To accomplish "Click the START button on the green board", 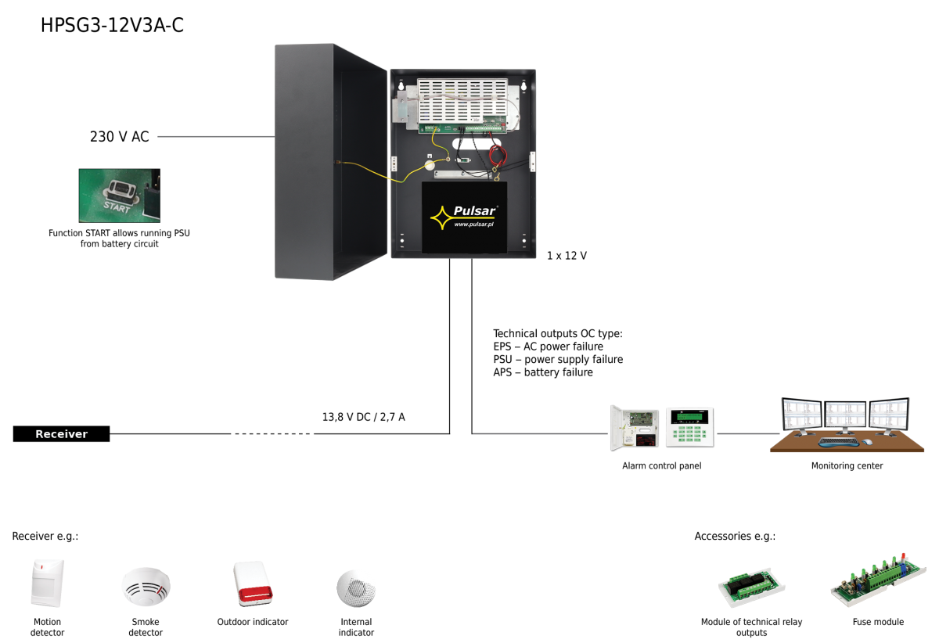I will point(121,190).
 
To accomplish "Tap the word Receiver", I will point(61,434).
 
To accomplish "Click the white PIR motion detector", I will point(47,583).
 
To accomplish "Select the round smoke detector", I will point(146,586).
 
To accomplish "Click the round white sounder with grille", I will point(356,587).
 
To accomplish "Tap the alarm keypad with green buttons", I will point(689,427).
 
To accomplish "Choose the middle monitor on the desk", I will point(845,414).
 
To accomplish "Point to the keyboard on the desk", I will point(838,442).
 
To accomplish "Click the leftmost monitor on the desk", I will point(801,414).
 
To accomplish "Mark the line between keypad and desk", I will point(748,433).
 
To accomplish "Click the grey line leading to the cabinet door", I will point(215,137).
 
